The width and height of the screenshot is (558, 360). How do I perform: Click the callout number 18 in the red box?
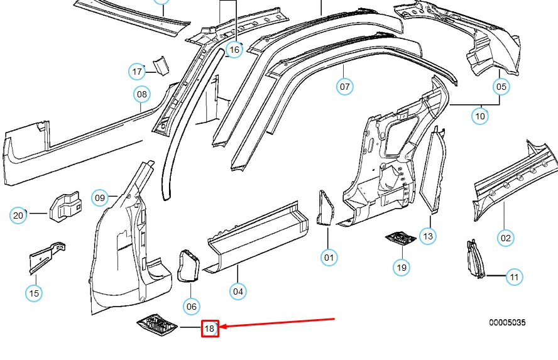click(210, 328)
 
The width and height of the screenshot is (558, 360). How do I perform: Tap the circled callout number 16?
click(234, 49)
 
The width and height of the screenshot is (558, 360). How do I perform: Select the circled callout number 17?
click(138, 72)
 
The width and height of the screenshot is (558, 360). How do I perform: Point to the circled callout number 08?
click(142, 95)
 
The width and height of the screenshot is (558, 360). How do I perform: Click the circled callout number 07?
click(345, 87)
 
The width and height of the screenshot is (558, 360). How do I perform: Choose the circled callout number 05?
click(501, 87)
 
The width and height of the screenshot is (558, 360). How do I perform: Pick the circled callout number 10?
click(480, 116)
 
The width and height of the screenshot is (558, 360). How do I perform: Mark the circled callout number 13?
click(428, 236)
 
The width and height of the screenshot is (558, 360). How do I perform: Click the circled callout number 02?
click(506, 237)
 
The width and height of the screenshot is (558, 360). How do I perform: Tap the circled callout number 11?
click(515, 276)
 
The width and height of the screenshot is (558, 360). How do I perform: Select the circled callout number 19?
click(401, 267)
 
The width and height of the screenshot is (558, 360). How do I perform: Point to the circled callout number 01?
click(329, 256)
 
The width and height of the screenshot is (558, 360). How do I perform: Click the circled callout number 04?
click(238, 291)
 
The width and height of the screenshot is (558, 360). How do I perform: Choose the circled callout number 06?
click(192, 306)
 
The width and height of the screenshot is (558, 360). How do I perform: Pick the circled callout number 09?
click(100, 198)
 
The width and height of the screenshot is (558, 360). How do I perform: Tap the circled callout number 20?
click(18, 215)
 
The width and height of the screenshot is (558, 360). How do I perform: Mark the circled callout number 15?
click(35, 292)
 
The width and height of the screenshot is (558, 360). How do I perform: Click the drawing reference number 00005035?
click(507, 323)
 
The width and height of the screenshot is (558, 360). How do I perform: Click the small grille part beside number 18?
click(157, 325)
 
